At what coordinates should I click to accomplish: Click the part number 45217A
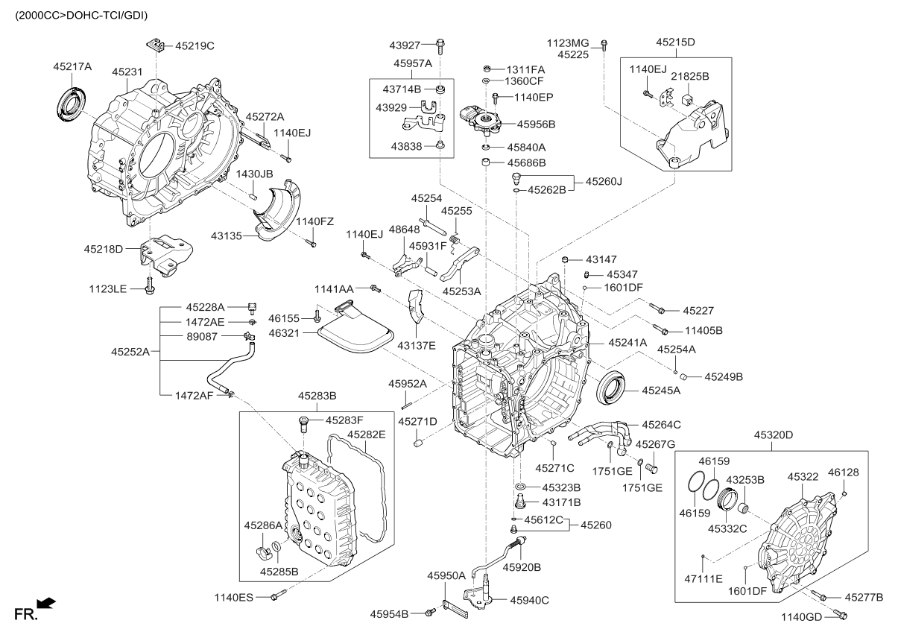[72, 66]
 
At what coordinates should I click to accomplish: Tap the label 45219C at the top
[195, 46]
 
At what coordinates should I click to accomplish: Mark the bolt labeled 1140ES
[277, 595]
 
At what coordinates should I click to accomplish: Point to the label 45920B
[522, 567]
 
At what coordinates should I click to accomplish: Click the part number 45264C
[657, 425]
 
